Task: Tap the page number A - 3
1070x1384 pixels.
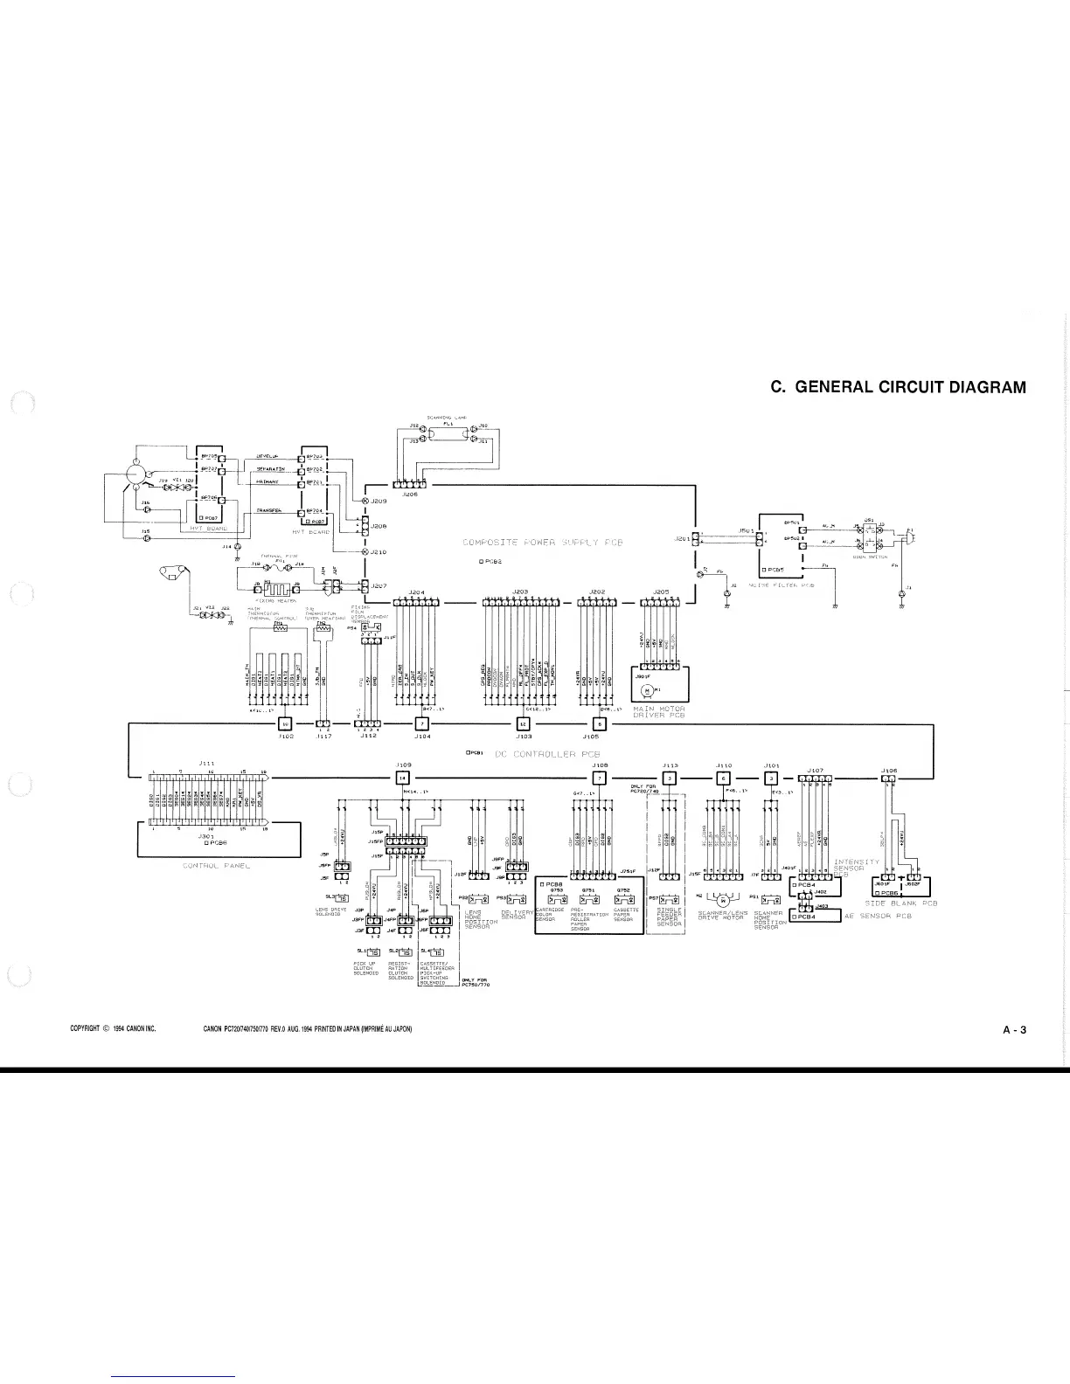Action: pyautogui.click(x=1014, y=1029)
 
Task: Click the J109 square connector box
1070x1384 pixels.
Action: pyautogui.click(x=402, y=778)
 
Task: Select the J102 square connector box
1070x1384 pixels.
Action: pyautogui.click(x=284, y=723)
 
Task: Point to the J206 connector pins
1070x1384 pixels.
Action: pyautogui.click(x=410, y=485)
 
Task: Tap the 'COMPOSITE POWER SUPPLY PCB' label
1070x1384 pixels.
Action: pyautogui.click(x=542, y=543)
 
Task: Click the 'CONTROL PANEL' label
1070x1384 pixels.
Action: pyautogui.click(x=216, y=866)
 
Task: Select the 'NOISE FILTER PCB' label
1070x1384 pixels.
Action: pyautogui.click(x=783, y=585)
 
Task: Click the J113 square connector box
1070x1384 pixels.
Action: pyautogui.click(x=669, y=778)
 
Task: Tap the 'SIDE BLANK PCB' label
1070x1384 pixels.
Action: pyautogui.click(x=900, y=903)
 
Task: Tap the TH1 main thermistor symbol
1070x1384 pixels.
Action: pyautogui.click(x=281, y=628)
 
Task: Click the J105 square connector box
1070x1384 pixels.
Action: pyautogui.click(x=599, y=723)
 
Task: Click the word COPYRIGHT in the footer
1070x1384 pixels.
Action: pyautogui.click(x=90, y=1029)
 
